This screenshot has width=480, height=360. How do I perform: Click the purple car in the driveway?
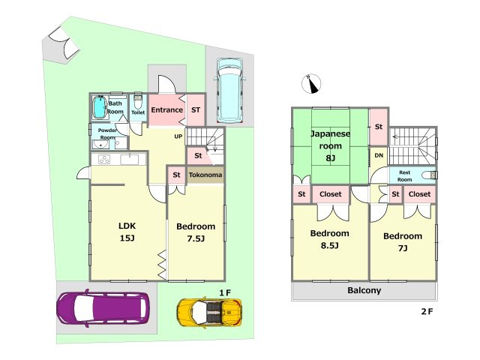103,307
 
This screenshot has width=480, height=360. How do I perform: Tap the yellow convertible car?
210,310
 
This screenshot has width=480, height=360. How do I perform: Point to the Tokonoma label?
205,175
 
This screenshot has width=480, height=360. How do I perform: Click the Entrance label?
166,110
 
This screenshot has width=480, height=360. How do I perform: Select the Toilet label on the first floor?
138,113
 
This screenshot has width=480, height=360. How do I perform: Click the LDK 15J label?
126,232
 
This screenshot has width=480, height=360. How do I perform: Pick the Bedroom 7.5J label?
195,232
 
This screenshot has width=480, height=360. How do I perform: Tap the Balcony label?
364,290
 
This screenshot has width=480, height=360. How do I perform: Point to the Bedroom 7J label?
402,241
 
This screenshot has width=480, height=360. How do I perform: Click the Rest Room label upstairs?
404,175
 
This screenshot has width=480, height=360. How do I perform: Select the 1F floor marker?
224,291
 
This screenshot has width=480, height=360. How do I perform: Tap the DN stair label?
379,155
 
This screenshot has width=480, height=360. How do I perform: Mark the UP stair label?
178,136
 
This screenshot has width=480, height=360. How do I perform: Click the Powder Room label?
107,133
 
